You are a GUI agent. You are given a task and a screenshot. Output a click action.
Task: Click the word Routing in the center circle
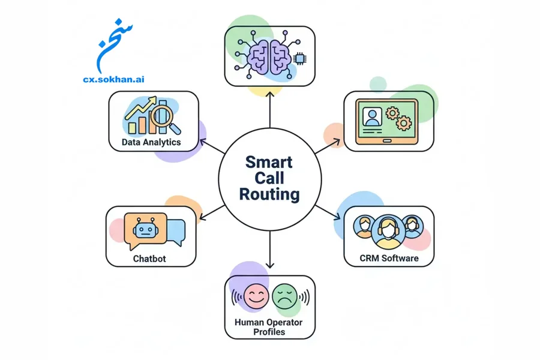point(269,194)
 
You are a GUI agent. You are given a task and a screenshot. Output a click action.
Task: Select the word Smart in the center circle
point(269,162)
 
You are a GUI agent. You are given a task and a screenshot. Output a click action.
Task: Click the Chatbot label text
point(149,259)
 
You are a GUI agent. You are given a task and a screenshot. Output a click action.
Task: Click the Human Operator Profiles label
point(269,327)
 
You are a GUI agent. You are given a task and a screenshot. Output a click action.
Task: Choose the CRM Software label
point(389,259)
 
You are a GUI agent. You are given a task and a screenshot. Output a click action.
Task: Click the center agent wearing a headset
point(388,230)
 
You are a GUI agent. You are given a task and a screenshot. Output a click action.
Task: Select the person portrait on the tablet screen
point(373,118)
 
